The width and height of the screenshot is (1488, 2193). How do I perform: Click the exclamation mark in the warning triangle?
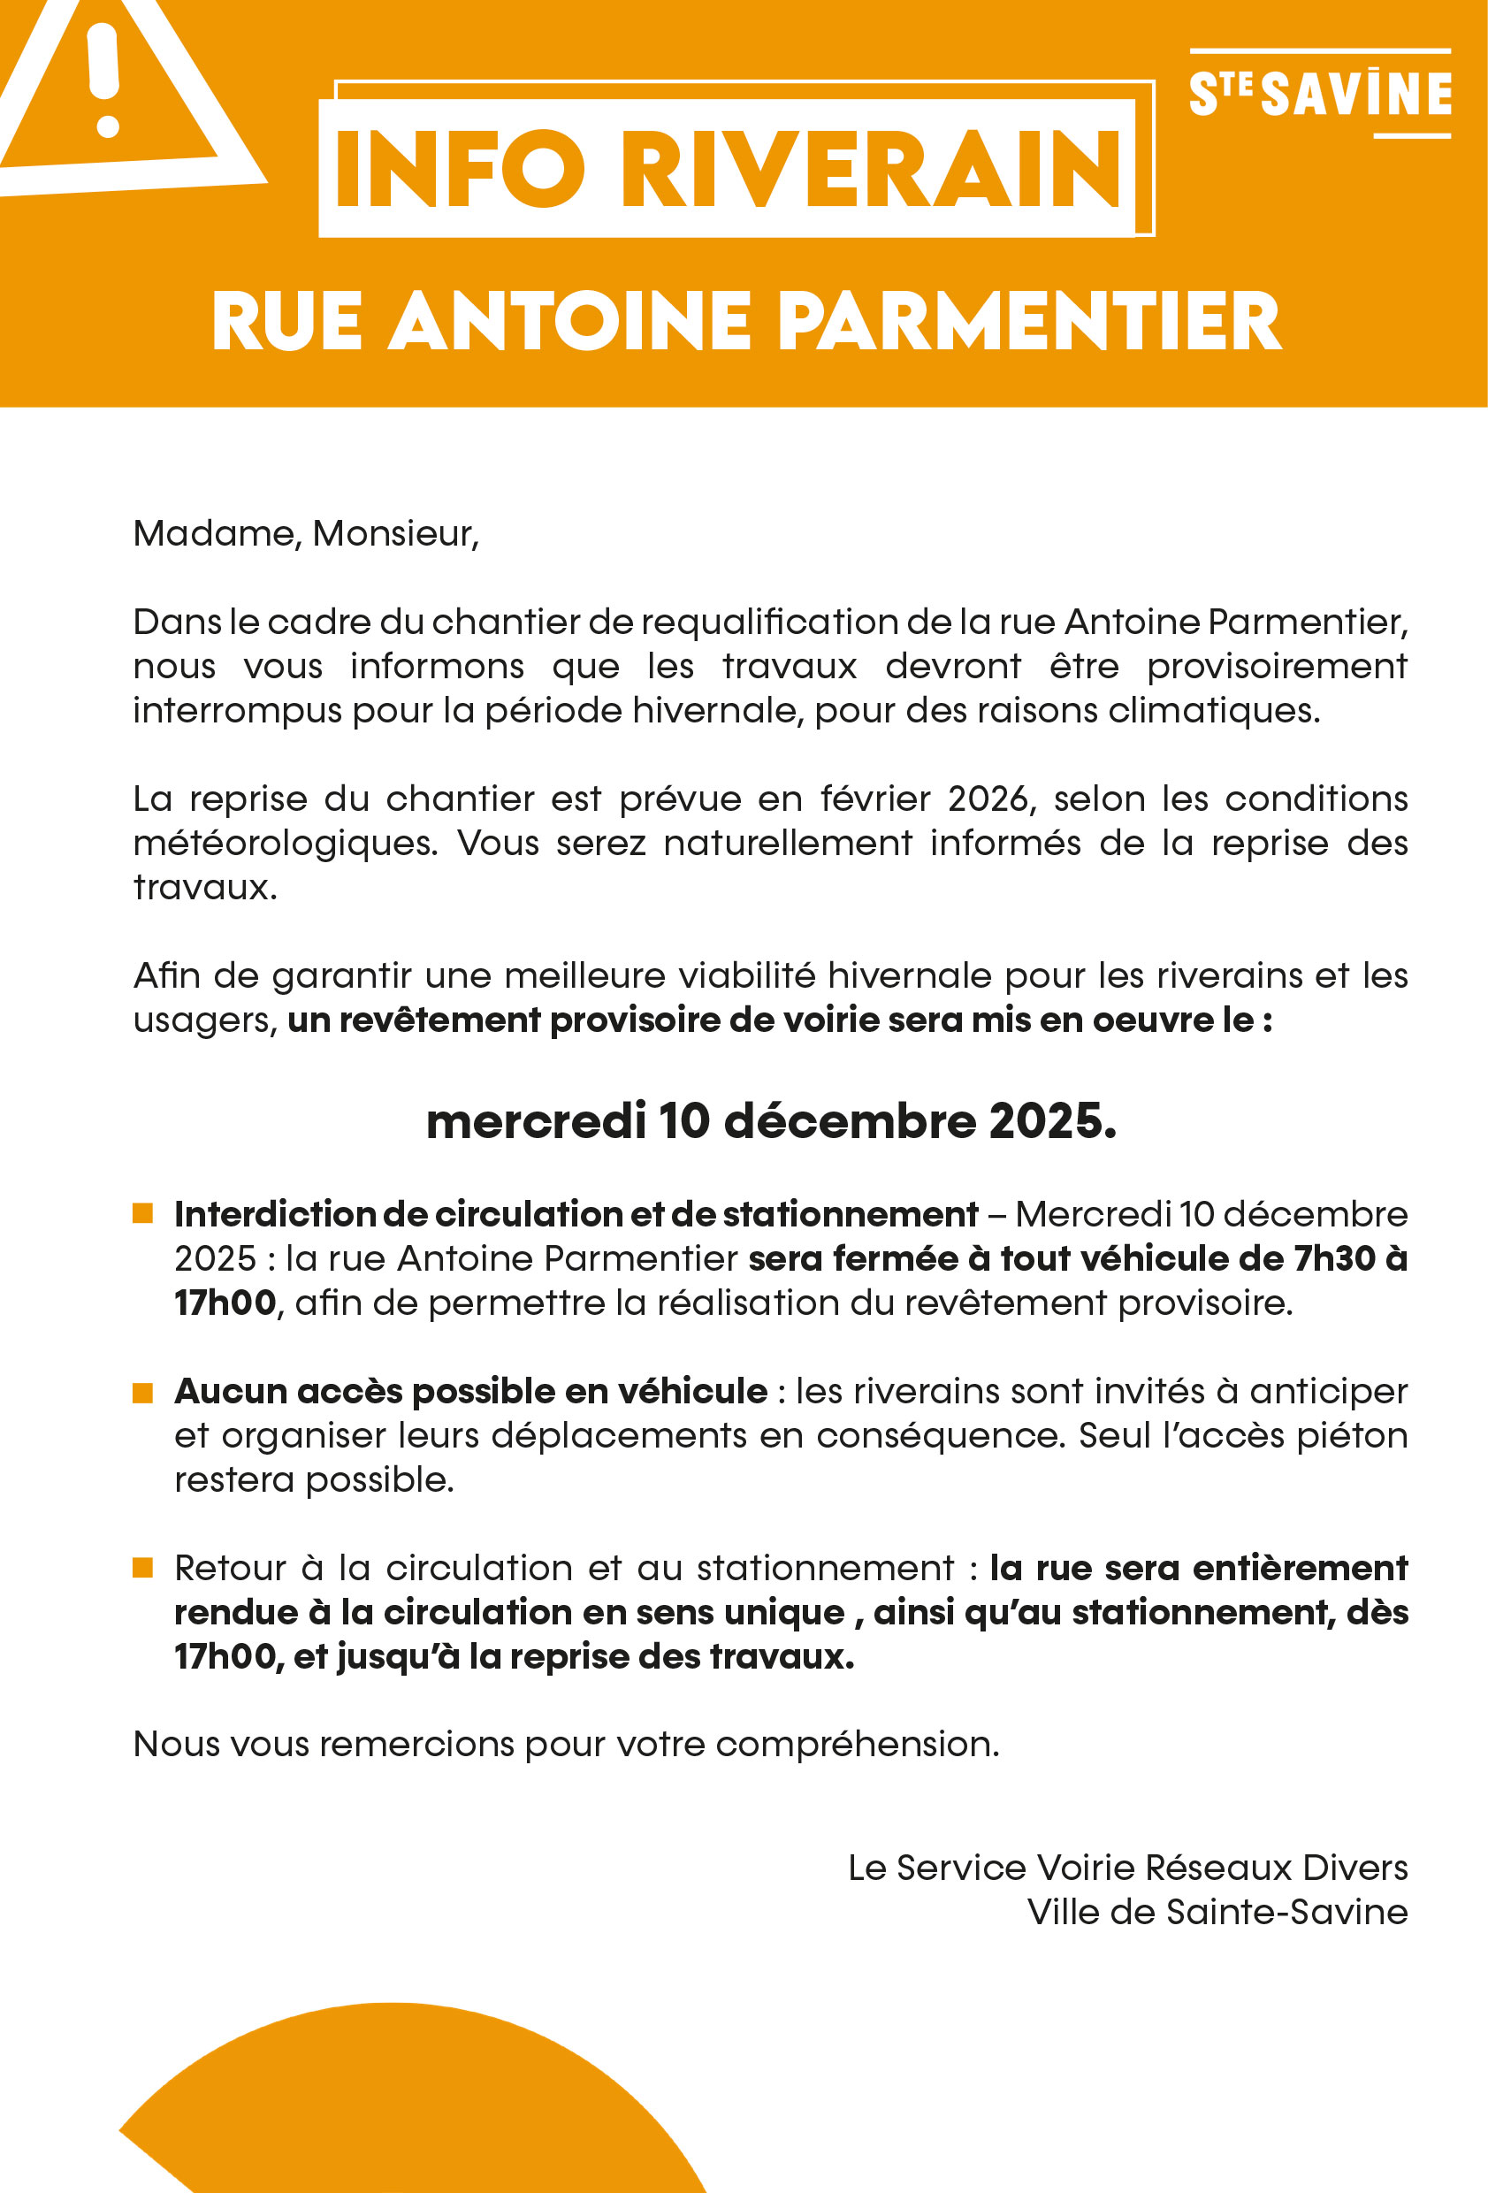pyautogui.click(x=103, y=80)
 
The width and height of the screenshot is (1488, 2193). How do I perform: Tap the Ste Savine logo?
pyautogui.click(x=1319, y=95)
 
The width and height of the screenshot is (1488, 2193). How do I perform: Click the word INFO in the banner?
pyautogui.click(x=460, y=170)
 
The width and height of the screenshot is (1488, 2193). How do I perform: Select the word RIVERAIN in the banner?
pyautogui.click(x=870, y=170)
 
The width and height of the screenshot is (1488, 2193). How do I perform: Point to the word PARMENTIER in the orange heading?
pyautogui.click(x=1029, y=322)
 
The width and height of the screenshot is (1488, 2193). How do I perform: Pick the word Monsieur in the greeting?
pyautogui.click(x=393, y=534)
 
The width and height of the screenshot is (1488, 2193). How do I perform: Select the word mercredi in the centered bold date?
pyautogui.click(x=536, y=1121)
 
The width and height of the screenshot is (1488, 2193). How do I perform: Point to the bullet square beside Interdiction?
pyautogui.click(x=142, y=1213)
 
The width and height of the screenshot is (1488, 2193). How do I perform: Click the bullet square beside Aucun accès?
pyautogui.click(x=142, y=1392)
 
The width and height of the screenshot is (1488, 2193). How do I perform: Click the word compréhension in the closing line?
pyautogui.click(x=856, y=1745)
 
